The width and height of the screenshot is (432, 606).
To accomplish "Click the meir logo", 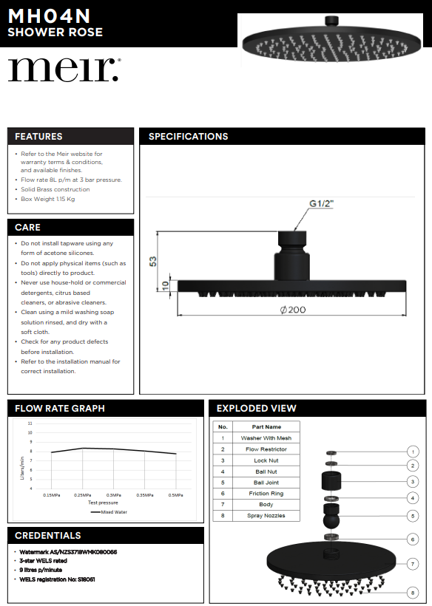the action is coord(64,69).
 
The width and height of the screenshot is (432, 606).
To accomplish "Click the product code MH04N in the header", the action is coord(49,16).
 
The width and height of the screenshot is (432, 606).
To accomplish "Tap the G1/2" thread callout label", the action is coord(321,204).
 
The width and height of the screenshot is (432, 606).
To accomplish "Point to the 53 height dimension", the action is coord(153,262).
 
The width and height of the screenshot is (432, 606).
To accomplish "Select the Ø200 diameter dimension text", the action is coord(293,310).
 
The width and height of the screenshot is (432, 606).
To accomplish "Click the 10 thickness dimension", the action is coord(166,285).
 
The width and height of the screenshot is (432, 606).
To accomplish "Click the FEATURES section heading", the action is coord(38,137).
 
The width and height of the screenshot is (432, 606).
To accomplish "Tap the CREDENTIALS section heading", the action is coord(48,535).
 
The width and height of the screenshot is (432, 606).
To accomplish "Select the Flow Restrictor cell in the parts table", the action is coord(266,449).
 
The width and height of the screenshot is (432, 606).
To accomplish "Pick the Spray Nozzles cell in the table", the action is coord(266,516).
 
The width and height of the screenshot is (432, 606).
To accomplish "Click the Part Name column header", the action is coord(266,426).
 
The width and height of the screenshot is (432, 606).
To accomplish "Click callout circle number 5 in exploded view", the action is coord(413,516).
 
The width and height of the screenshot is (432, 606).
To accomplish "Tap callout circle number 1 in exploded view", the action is coord(413,452).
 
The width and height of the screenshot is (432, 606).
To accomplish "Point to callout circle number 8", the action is coord(413,593).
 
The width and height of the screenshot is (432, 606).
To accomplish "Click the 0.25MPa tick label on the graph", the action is coord(82,495).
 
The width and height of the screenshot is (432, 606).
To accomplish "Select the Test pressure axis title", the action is coord(103,503).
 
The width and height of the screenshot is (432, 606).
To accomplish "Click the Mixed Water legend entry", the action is coord(109,512).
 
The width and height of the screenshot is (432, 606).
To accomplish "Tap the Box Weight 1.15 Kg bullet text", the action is coord(48,199).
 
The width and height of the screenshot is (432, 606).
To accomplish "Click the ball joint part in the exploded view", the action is coord(331,516).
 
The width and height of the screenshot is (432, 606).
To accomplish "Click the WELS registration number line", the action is coord(57,579).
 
